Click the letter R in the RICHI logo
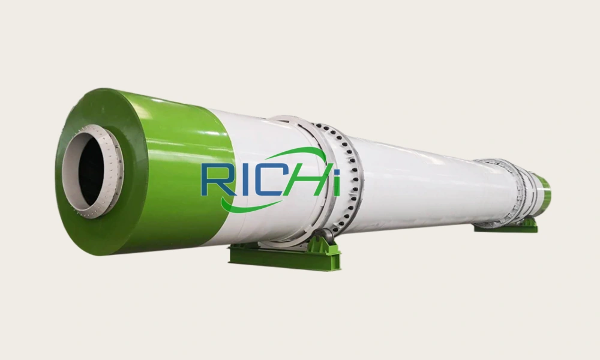(x=214, y=178)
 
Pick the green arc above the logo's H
(x=309, y=155)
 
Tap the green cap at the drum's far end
(x=544, y=193)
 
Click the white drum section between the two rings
(x=420, y=180)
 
